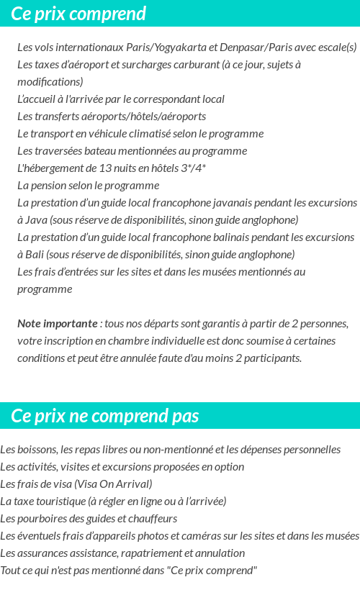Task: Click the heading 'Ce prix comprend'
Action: pyautogui.click(x=78, y=14)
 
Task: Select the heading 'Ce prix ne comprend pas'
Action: pyautogui.click(x=105, y=417)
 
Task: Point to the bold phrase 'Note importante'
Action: pyautogui.click(x=57, y=324)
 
